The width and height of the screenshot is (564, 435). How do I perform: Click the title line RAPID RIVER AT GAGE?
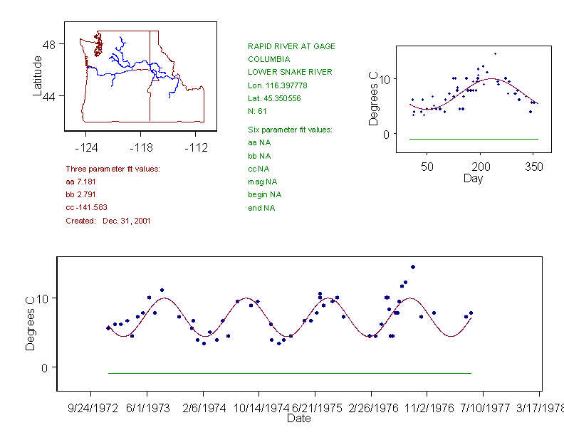[291, 46]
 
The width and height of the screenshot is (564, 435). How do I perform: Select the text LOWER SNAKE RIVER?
[290, 72]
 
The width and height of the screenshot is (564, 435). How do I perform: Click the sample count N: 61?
[257, 111]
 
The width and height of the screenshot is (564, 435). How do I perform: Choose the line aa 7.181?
[81, 182]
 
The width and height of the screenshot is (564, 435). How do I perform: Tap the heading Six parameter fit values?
[290, 130]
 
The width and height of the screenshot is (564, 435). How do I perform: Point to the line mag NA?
[262, 182]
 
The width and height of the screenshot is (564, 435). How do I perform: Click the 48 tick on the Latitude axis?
[48, 44]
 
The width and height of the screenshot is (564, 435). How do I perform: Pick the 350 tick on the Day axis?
[534, 167]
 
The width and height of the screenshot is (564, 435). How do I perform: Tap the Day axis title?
[473, 178]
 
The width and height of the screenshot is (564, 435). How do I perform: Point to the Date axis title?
[298, 419]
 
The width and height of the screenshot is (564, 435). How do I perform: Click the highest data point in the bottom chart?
[413, 267]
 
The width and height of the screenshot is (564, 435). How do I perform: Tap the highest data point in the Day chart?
[495, 53]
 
